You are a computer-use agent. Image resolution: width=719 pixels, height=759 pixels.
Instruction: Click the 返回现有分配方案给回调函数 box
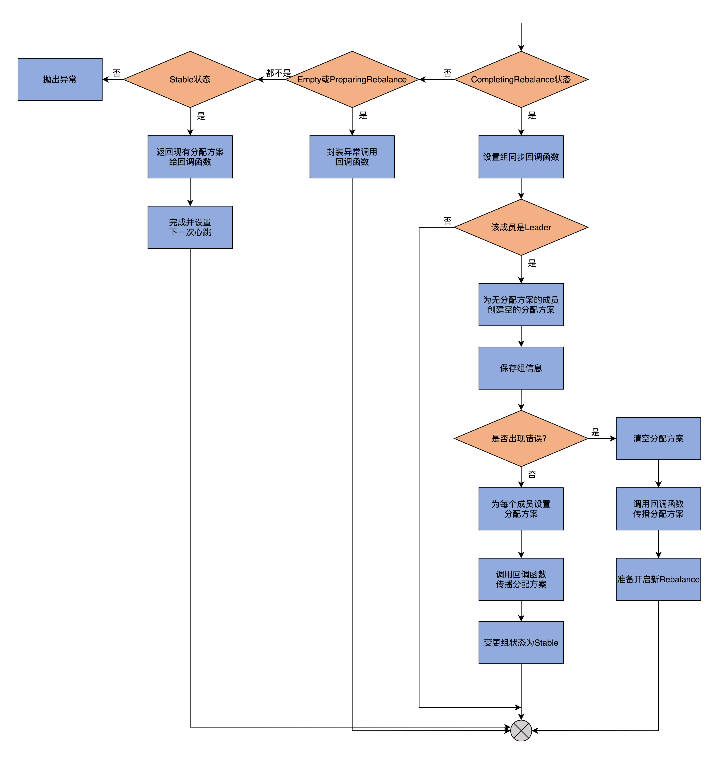pos(190,157)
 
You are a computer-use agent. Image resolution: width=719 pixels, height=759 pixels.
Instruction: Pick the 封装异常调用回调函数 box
pos(352,157)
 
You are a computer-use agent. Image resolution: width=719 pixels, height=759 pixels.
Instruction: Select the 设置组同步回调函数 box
pos(521,157)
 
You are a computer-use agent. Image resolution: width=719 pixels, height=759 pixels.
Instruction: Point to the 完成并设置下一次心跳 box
pos(190,227)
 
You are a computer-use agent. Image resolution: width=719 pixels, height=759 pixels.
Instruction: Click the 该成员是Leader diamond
pos(521,227)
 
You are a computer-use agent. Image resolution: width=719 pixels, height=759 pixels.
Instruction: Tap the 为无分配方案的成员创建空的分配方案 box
pos(521,305)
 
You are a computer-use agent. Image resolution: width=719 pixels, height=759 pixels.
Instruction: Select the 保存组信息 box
pos(521,368)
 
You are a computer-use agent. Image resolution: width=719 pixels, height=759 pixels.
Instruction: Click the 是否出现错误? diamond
pos(521,438)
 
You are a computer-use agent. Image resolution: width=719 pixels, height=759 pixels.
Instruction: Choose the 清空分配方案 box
pos(658,438)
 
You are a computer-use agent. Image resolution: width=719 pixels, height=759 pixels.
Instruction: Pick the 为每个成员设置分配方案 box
pos(521,509)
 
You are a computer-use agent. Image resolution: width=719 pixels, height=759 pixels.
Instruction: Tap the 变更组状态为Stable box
pos(521,642)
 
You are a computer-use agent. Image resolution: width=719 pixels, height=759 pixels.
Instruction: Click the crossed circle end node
pos(521,731)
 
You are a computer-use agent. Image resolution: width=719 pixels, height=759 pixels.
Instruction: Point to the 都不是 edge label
pos(278,73)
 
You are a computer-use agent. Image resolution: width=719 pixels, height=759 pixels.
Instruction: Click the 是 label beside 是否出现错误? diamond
pos(595,432)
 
